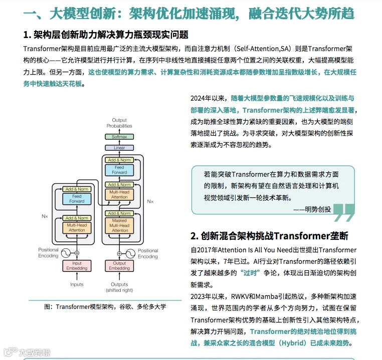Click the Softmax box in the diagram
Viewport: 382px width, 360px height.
(119, 136)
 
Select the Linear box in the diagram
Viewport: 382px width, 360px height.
(119, 148)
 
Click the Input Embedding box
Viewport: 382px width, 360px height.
(77, 266)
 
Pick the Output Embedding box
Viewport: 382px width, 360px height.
(119, 266)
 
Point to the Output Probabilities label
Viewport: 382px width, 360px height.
(119, 123)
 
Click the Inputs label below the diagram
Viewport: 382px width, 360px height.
(77, 284)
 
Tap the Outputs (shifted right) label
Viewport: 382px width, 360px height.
(119, 287)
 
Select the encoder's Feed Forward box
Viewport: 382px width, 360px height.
(77, 199)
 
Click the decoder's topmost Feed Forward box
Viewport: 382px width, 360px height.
(119, 170)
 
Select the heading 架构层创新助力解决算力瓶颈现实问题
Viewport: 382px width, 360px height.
(106, 35)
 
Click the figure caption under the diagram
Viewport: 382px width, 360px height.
(105, 306)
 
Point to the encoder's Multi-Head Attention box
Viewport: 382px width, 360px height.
(77, 228)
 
